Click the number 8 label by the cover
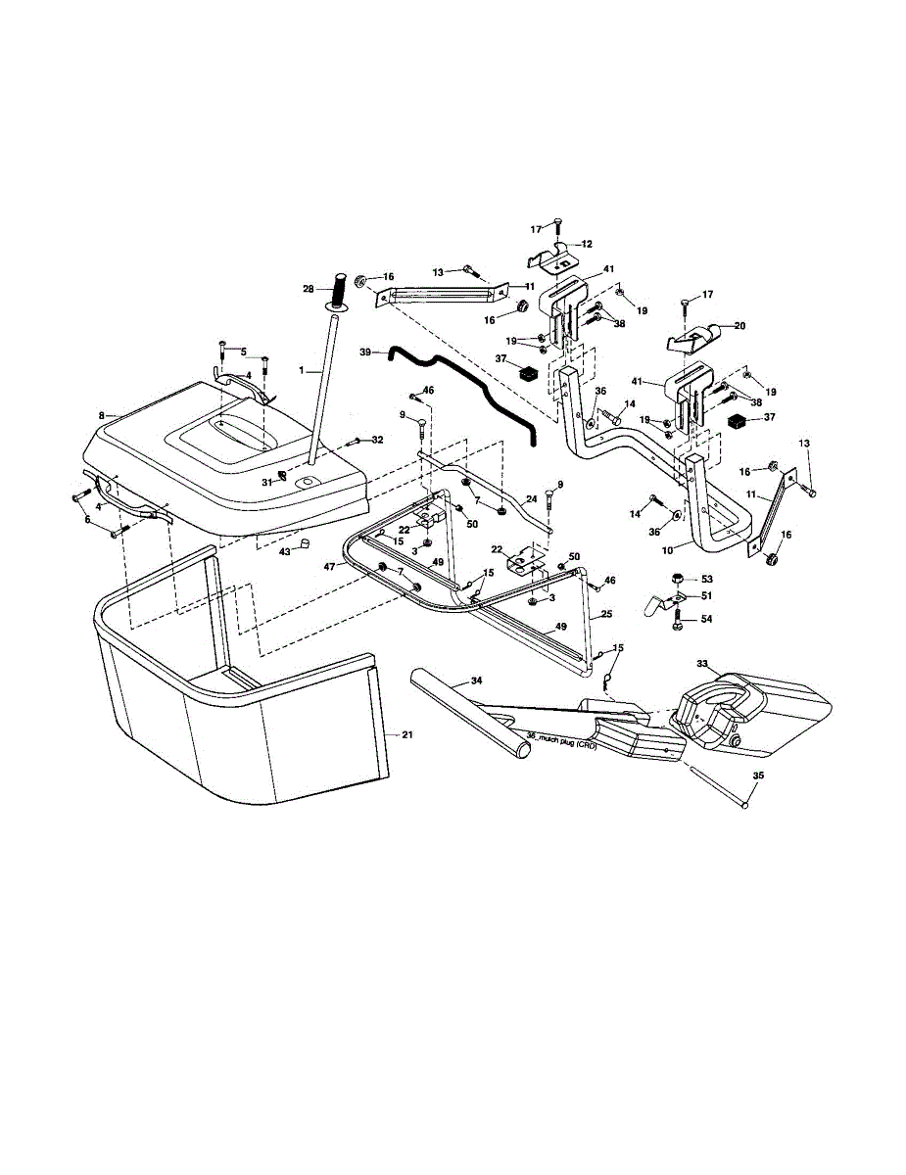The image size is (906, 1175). pyautogui.click(x=102, y=415)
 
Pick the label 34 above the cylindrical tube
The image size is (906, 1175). pyautogui.click(x=476, y=680)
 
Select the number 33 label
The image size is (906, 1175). pyautogui.click(x=701, y=664)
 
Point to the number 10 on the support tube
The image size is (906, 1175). pyautogui.click(x=667, y=549)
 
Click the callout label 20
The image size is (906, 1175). pyautogui.click(x=739, y=325)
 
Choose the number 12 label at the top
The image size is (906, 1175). pyautogui.click(x=587, y=244)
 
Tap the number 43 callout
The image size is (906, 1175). pyautogui.click(x=285, y=552)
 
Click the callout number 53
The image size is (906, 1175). pyautogui.click(x=707, y=580)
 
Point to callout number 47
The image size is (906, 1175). pyautogui.click(x=330, y=566)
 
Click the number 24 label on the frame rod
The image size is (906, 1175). pyautogui.click(x=531, y=499)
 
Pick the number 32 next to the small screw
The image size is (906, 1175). pyautogui.click(x=377, y=440)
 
